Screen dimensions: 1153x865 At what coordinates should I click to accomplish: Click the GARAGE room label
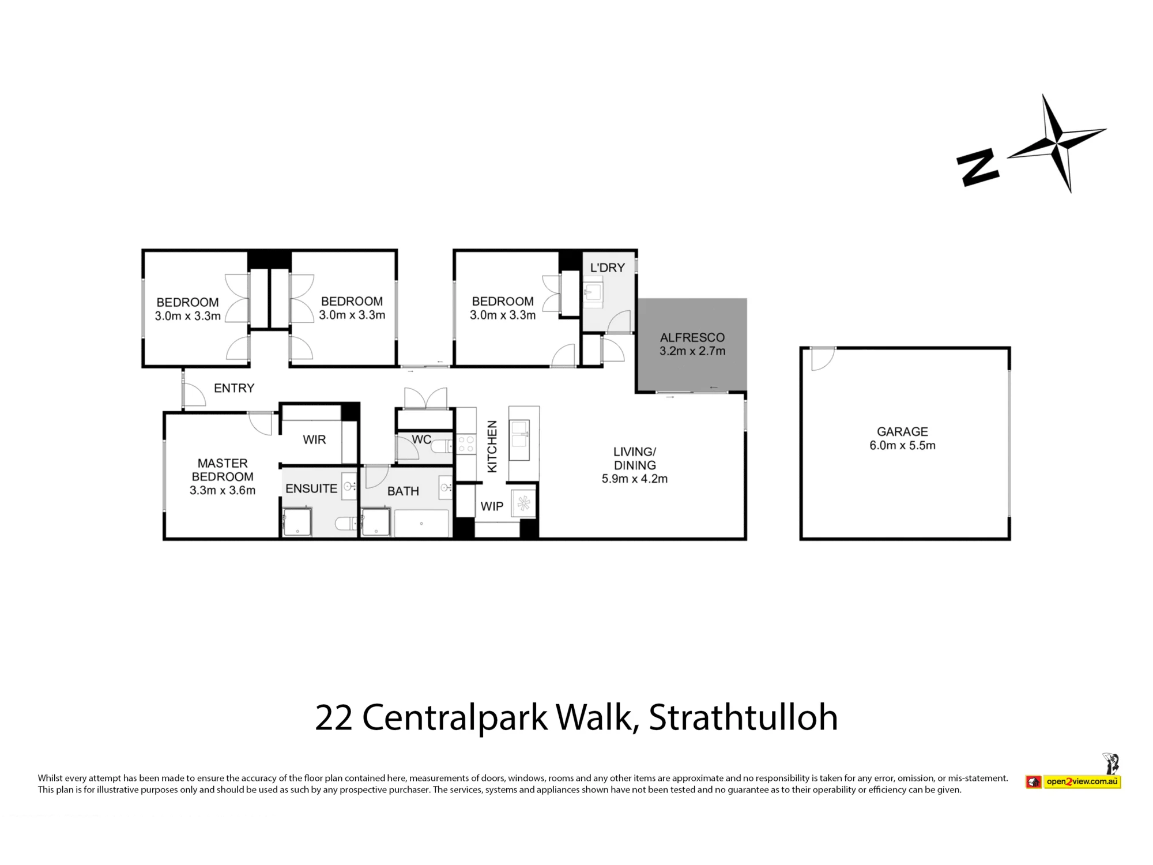coord(902,431)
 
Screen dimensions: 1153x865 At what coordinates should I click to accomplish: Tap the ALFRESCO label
coord(692,337)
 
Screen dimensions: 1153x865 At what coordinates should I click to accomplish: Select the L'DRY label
coord(608,268)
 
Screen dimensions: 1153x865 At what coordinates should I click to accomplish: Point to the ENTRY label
coord(234,388)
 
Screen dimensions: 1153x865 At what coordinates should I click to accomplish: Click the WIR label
coord(314,439)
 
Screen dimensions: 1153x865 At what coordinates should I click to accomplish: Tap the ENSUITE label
coord(311,488)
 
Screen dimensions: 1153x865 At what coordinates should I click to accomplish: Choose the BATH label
coord(403,491)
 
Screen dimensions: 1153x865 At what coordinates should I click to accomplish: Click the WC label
coord(421,439)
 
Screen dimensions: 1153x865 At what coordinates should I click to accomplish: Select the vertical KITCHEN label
coord(492,446)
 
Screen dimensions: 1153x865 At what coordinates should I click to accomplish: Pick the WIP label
coord(492,506)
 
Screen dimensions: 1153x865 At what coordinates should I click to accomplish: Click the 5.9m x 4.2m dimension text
coord(635,479)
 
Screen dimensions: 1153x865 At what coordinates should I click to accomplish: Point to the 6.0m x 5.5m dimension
coord(902,445)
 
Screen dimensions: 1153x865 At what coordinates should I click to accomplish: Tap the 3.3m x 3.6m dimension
coord(223,490)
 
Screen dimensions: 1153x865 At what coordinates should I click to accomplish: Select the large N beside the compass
coord(977,167)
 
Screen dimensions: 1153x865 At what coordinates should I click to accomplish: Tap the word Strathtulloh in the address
coord(743,717)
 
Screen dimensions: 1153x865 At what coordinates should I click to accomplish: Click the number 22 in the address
coord(334,718)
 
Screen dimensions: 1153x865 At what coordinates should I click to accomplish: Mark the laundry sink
coord(593,292)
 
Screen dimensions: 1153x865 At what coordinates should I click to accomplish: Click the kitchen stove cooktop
coord(466,445)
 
